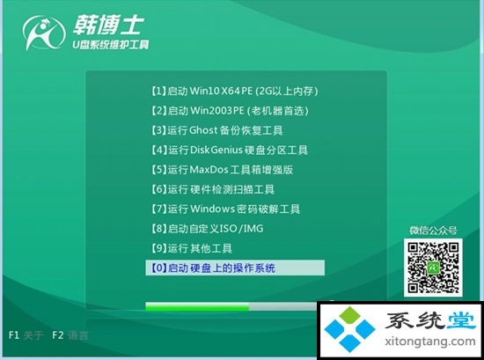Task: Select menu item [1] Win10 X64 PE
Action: point(235,91)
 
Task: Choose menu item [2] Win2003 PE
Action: point(230,111)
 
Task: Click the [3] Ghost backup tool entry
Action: point(216,130)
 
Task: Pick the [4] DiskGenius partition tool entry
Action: point(230,150)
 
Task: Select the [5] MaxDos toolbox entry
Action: point(222,170)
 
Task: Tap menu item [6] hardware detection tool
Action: point(213,189)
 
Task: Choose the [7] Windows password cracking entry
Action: point(225,209)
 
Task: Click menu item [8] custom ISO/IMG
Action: point(207,229)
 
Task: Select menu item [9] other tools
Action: point(191,248)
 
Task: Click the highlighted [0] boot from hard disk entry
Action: point(235,268)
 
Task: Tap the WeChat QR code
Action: point(433,268)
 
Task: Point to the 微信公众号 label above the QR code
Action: point(433,231)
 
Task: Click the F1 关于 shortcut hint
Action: point(26,335)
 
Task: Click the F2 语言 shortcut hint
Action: point(70,335)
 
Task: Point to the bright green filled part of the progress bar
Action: point(197,306)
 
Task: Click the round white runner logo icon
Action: point(44,33)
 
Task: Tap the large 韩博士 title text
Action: point(108,25)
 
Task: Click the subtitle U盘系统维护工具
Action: point(111,45)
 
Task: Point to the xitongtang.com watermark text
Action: point(430,342)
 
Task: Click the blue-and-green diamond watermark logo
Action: point(349,329)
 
